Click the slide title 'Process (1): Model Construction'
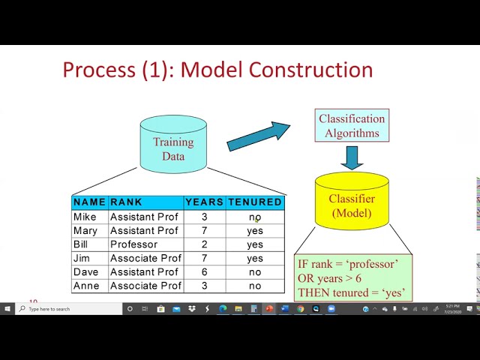pyautogui.click(x=217, y=70)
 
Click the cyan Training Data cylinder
pyautogui.click(x=173, y=145)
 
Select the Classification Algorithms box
pyautogui.click(x=352, y=126)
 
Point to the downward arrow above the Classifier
pyautogui.click(x=352, y=157)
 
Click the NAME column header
pyautogui.click(x=90, y=202)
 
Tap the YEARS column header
pyautogui.click(x=204, y=202)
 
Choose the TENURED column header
pyautogui.click(x=255, y=202)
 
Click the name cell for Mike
pyautogui.click(x=85, y=217)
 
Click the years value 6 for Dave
pyautogui.click(x=204, y=272)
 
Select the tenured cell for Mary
pyautogui.click(x=255, y=231)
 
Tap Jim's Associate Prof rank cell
pyautogui.click(x=145, y=259)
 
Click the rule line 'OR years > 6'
pyautogui.click(x=329, y=278)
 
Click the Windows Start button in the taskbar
pyautogui.click(x=7, y=308)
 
